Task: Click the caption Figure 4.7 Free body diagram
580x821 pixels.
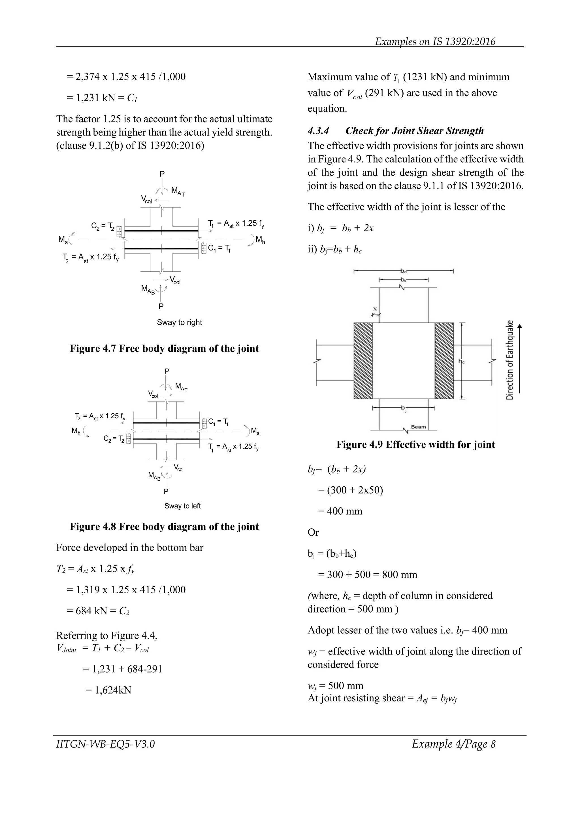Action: (164, 348)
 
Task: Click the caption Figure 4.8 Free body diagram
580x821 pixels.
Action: (164, 526)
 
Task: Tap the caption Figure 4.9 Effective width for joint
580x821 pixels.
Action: (415, 444)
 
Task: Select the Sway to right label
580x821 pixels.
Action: (179, 322)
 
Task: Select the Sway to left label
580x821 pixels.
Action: (182, 506)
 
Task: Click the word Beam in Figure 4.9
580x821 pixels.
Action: (418, 427)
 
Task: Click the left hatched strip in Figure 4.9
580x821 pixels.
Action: (363, 361)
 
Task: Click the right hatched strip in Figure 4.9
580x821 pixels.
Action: (444, 361)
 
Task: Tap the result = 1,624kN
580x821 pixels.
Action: (108, 690)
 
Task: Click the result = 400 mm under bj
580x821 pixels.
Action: (340, 511)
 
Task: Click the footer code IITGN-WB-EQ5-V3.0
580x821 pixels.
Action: (105, 744)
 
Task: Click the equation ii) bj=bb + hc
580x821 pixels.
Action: (335, 249)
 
